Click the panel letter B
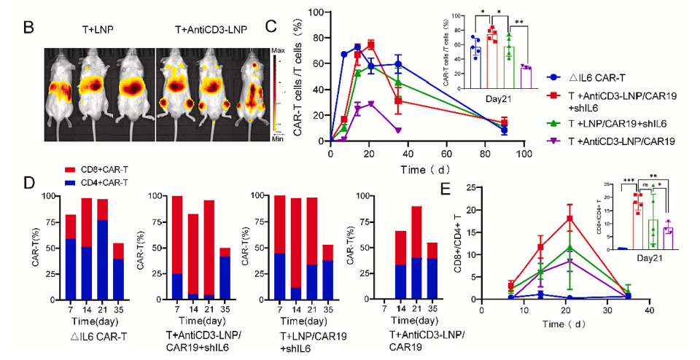(30, 28)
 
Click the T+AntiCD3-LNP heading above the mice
(211, 30)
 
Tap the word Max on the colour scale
(277, 51)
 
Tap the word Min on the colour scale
(277, 136)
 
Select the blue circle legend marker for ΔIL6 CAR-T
(556, 77)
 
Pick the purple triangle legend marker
(556, 141)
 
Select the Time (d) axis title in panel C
(427, 169)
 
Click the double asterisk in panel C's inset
(518, 23)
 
